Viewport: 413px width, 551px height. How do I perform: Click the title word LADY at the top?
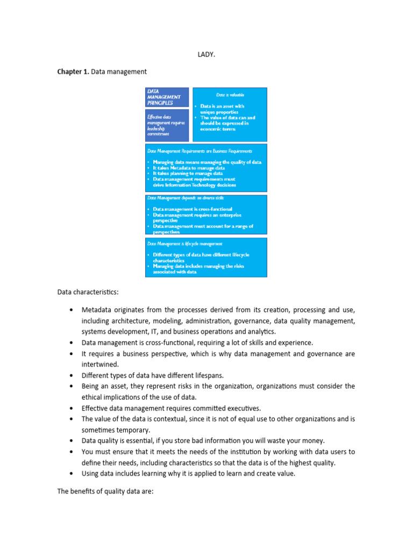click(x=206, y=54)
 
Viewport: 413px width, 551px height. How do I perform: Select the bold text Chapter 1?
click(x=73, y=72)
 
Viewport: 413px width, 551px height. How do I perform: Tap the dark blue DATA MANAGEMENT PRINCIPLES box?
click(x=167, y=97)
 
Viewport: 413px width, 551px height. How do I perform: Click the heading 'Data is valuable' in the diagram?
click(x=229, y=95)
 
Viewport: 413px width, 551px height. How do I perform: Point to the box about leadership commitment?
click(x=167, y=125)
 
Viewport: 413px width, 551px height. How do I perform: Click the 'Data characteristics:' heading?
click(x=88, y=292)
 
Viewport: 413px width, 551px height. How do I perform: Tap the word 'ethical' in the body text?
click(x=94, y=397)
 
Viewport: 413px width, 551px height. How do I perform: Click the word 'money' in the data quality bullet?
click(x=311, y=441)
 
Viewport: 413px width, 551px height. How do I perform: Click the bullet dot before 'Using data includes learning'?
click(x=72, y=474)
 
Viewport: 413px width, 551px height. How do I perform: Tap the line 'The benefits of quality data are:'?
click(x=105, y=491)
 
